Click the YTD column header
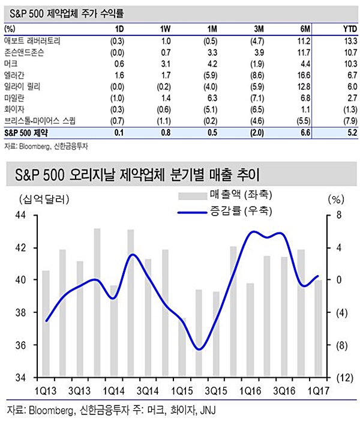coord(346,29)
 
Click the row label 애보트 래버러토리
coord(32,40)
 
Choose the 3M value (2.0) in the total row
coord(254,132)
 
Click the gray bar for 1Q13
coord(46,324)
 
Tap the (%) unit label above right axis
coord(334,198)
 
